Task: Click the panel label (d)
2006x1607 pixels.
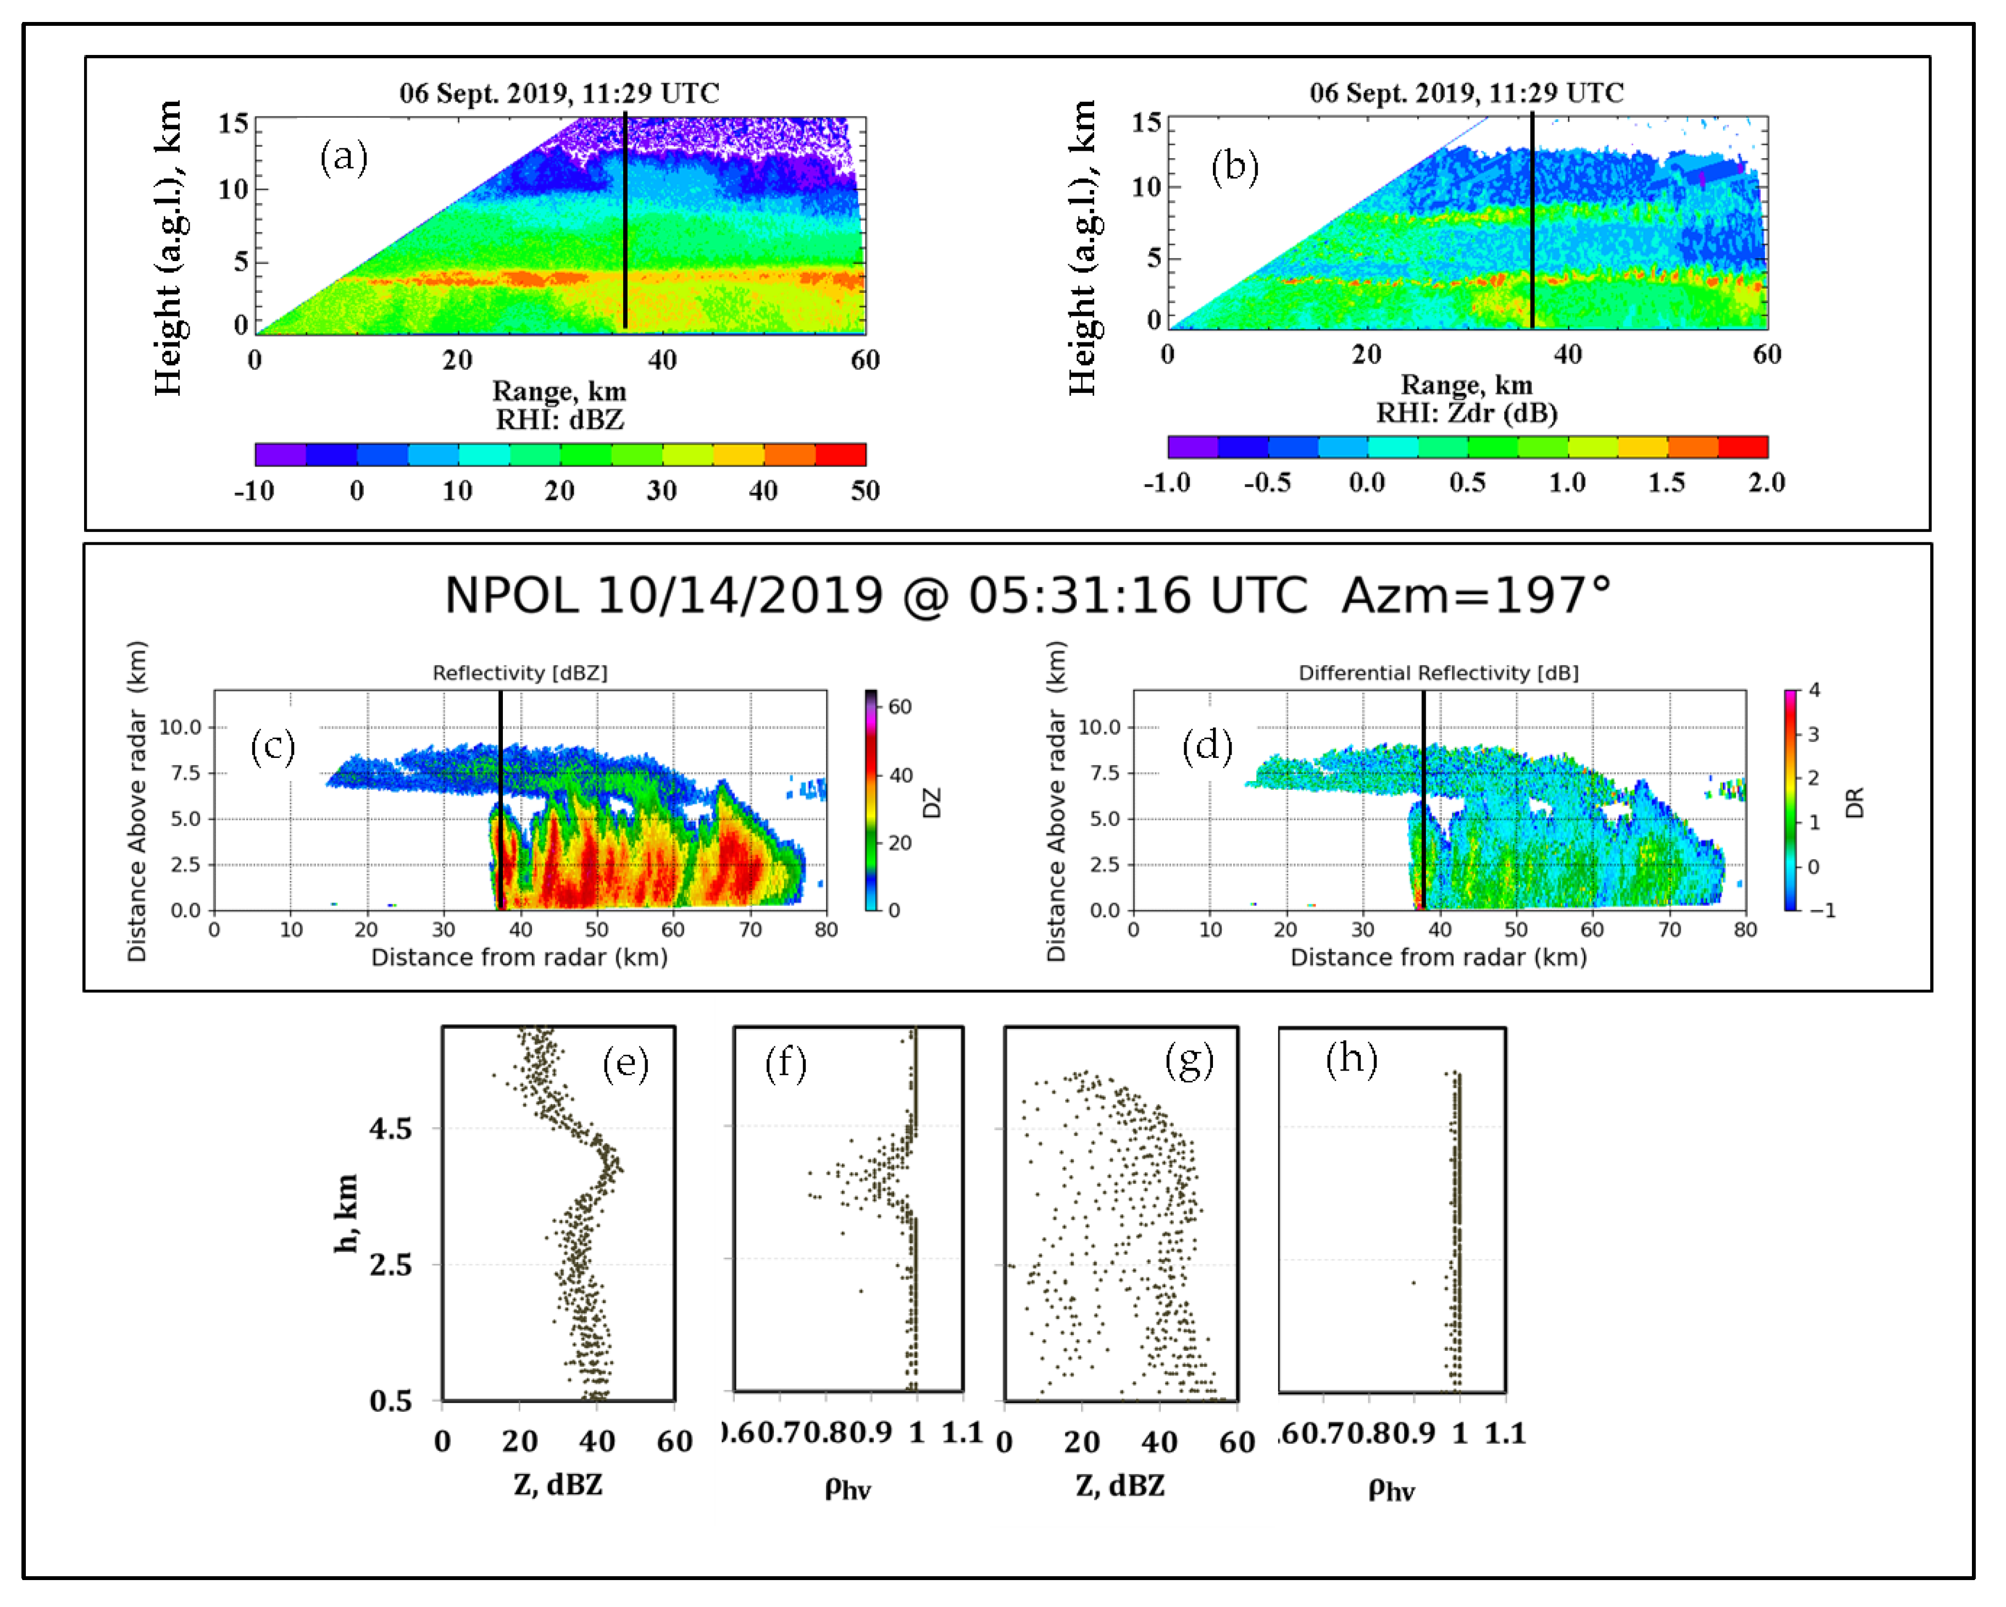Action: (1207, 746)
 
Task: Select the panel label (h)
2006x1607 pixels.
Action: (1351, 1059)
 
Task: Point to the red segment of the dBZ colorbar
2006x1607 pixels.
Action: (840, 454)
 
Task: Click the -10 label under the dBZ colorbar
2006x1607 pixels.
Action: (254, 490)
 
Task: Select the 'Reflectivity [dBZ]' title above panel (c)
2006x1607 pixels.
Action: (519, 673)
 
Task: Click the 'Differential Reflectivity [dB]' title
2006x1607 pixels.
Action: (1438, 673)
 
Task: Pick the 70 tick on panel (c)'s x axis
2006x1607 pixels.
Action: (750, 929)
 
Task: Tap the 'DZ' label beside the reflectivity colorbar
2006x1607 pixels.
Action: (932, 802)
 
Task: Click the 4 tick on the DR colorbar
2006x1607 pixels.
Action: (1814, 690)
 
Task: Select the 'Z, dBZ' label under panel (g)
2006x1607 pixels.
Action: (1120, 1485)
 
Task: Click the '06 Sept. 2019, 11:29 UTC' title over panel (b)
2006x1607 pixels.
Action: (1466, 93)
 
